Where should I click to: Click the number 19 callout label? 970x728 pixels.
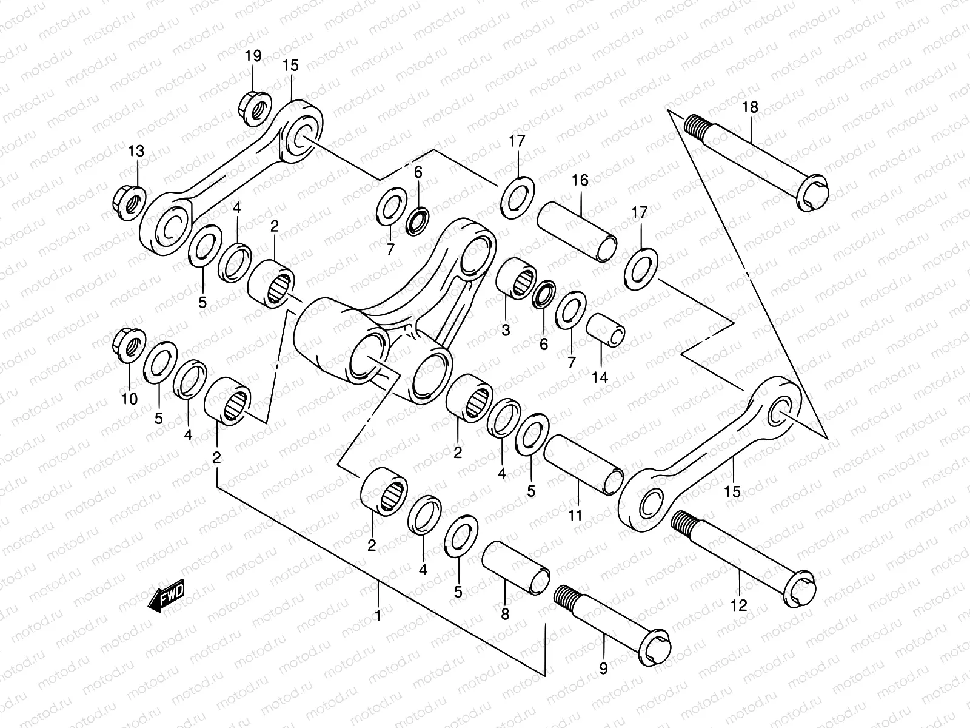pyautogui.click(x=253, y=56)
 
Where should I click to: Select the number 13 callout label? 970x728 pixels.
pyautogui.click(x=136, y=150)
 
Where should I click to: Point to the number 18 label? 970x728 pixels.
pyautogui.click(x=750, y=108)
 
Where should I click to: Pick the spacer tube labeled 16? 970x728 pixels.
pyautogui.click(x=578, y=232)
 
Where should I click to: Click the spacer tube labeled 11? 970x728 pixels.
pyautogui.click(x=583, y=465)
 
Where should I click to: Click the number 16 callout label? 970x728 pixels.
pyautogui.click(x=580, y=180)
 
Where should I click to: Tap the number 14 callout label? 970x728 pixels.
pyautogui.click(x=600, y=377)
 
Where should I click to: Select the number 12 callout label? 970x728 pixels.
pyautogui.click(x=739, y=605)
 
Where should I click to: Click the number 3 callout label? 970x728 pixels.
pyautogui.click(x=506, y=331)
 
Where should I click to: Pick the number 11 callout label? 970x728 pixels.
pyautogui.click(x=575, y=516)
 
